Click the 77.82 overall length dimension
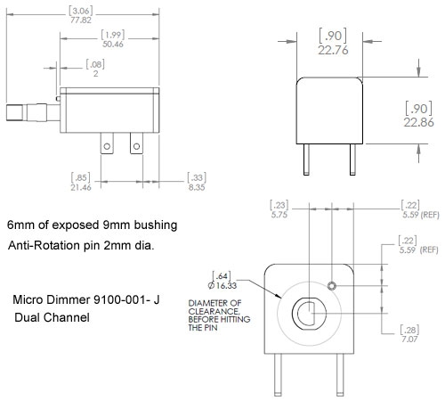81,20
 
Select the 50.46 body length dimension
113,45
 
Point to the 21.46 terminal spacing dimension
81,187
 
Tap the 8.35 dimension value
197,187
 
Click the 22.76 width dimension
333,50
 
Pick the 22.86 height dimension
418,122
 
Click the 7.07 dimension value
409,339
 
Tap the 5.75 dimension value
279,215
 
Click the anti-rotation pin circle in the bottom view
332,286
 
